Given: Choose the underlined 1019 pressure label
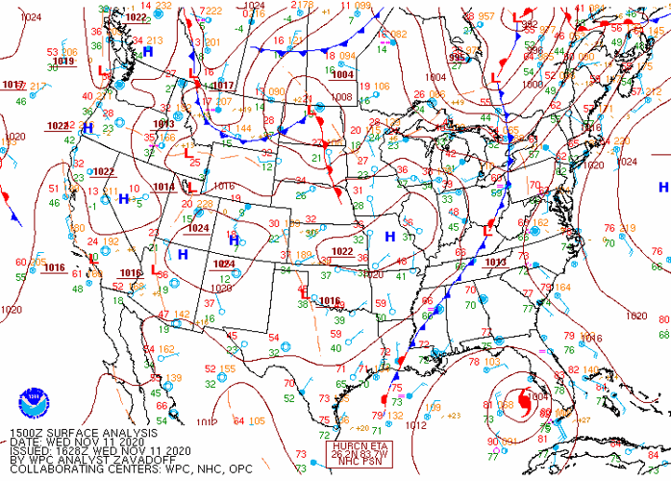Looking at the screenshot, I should (63, 61).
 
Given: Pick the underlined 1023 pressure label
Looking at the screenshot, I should (58, 126).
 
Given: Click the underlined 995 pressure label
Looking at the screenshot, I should (459, 58).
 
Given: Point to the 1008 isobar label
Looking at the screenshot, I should (341, 97).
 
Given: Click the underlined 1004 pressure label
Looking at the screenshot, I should (342, 74).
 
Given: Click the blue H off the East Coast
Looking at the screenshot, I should (662, 187).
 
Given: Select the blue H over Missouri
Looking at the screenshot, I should (390, 236).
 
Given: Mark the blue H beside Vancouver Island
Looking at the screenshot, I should (148, 51).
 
